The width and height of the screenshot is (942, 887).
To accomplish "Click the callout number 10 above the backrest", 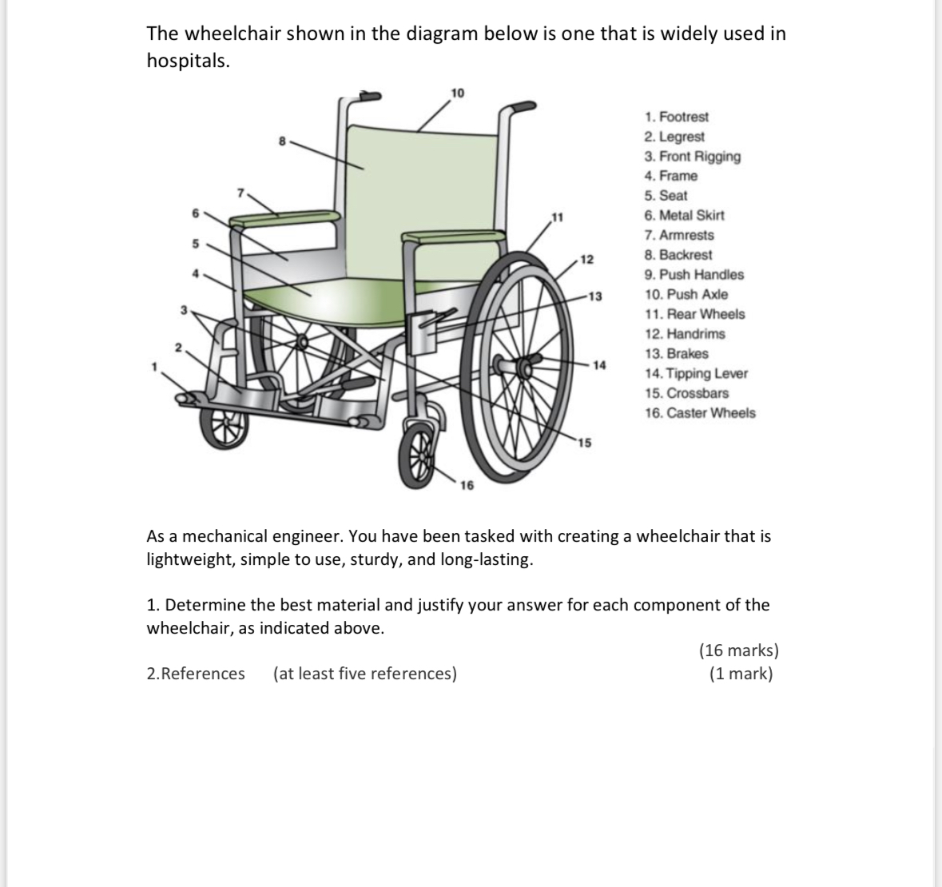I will click(x=457, y=93).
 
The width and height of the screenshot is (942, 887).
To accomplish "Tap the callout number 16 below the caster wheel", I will click(x=467, y=485).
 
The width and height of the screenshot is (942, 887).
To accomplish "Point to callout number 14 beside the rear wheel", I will click(x=599, y=364).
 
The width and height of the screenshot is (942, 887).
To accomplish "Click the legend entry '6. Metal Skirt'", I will click(x=684, y=215).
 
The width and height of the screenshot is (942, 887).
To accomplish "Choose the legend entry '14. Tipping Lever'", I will click(x=696, y=373).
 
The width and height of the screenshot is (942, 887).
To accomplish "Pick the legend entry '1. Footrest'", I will click(x=677, y=117).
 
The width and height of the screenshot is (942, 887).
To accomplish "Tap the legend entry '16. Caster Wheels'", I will click(x=700, y=413).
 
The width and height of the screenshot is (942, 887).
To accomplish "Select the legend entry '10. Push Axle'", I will click(x=686, y=294).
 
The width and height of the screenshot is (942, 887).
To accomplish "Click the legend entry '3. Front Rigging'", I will click(x=692, y=157).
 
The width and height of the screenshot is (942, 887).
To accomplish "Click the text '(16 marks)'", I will click(x=738, y=650).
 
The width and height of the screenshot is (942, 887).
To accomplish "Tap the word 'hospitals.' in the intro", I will click(x=188, y=61).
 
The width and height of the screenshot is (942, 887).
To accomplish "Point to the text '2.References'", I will click(x=196, y=674).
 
